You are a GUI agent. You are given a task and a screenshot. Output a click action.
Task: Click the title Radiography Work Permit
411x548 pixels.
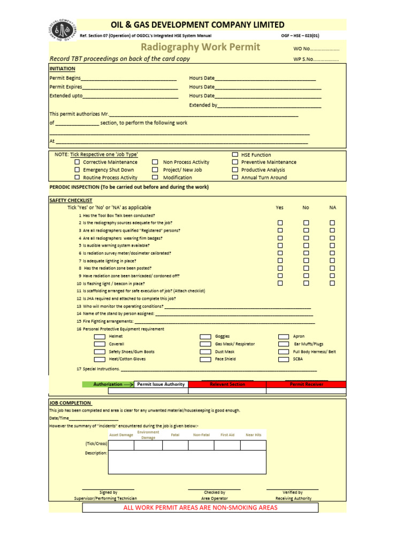tap(200, 47)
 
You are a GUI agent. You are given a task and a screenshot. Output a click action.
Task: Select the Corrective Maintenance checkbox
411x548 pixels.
tap(77, 162)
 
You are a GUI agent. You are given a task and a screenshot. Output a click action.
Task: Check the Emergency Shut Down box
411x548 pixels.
tap(77, 170)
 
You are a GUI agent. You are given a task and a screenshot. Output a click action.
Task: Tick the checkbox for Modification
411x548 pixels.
tap(155, 177)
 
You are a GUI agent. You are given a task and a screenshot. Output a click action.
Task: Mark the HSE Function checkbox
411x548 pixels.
tap(235, 155)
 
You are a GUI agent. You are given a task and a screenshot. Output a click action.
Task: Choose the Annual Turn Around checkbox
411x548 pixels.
tap(235, 177)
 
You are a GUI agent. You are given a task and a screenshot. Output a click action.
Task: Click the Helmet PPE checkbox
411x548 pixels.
tap(100, 337)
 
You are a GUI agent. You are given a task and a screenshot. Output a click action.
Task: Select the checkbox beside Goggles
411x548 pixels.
tap(205, 337)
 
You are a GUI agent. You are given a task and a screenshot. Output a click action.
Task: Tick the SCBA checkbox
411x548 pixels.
tap(284, 360)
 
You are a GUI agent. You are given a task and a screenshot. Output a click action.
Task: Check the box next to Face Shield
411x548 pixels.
tap(205, 360)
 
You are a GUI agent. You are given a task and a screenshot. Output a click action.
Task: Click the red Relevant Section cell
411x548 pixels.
tap(227, 384)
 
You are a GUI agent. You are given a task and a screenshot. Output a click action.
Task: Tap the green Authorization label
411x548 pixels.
tap(108, 384)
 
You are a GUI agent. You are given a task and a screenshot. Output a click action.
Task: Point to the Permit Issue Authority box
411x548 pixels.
tap(161, 384)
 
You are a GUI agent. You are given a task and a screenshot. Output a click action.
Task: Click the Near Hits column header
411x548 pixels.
tap(253, 435)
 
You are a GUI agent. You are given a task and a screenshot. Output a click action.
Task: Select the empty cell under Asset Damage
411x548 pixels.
tap(121, 445)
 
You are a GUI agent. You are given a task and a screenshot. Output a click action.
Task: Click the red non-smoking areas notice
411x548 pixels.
tap(200, 507)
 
